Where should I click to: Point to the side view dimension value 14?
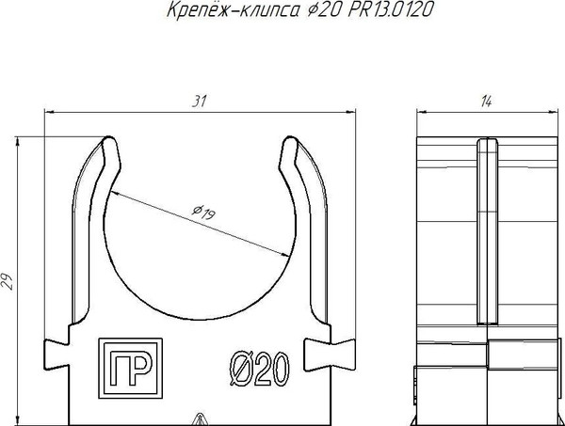click(487, 102)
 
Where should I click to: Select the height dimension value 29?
click(9, 279)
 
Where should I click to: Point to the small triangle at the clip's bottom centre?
click(199, 419)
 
